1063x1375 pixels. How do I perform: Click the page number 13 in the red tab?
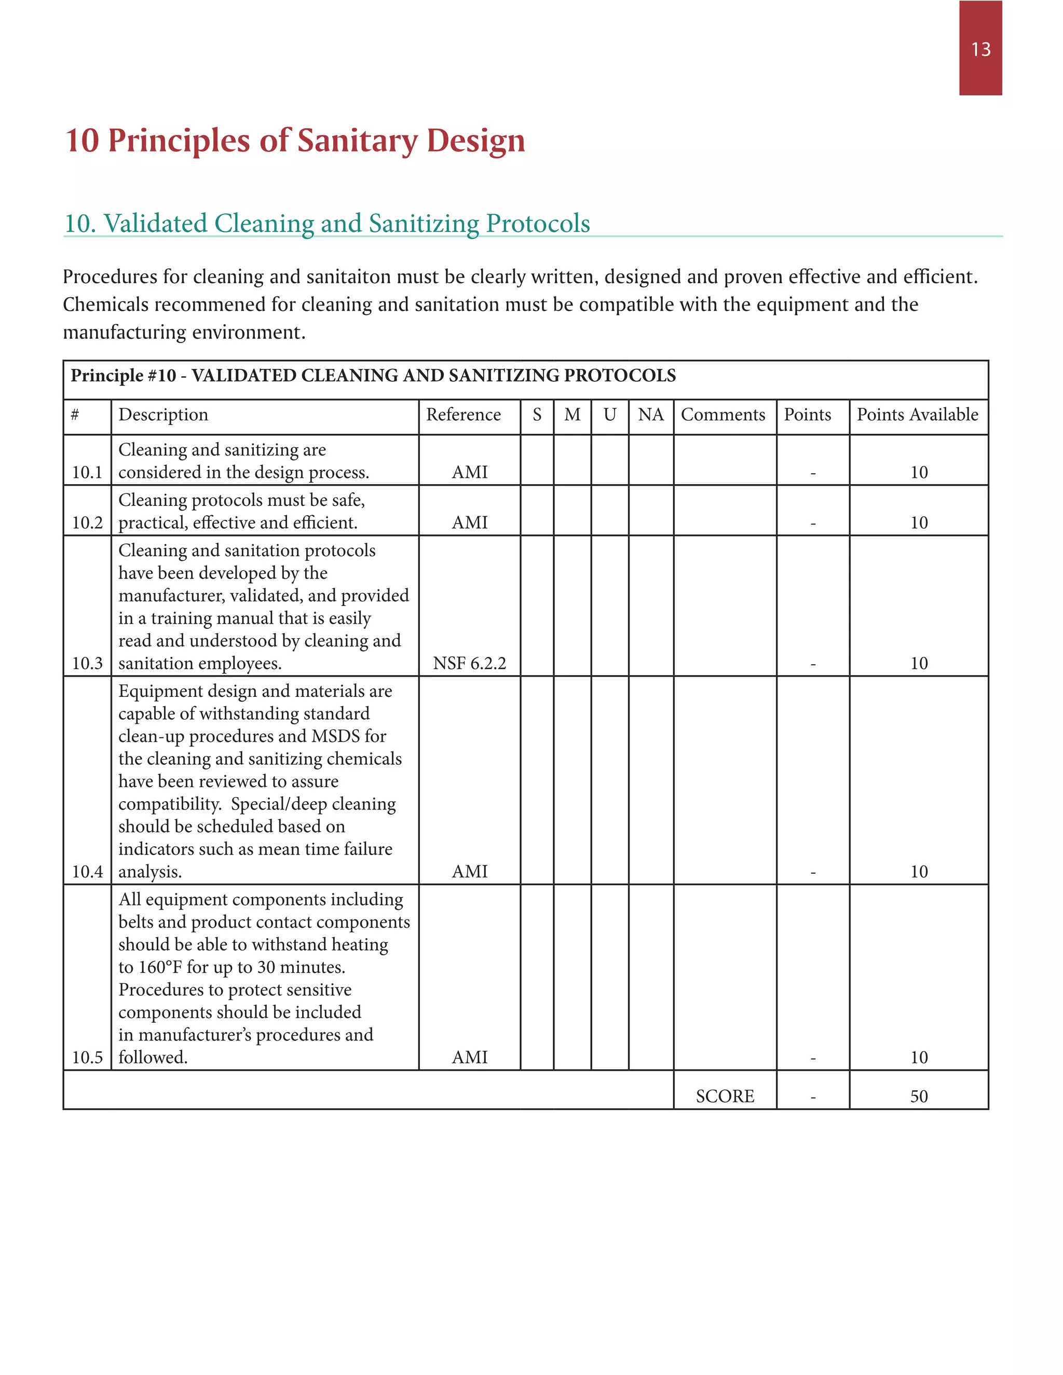980,49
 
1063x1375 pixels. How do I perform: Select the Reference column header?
464,415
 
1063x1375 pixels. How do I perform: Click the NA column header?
650,415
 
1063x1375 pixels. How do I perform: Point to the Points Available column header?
918,415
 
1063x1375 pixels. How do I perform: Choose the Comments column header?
723,415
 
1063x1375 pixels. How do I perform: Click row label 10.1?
87,472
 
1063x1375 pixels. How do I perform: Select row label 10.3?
87,663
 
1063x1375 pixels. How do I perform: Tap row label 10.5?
87,1057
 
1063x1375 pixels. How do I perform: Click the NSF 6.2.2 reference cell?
469,663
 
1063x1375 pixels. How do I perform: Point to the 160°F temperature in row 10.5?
160,967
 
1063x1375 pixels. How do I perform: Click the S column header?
537,415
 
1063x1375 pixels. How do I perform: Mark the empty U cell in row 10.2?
609,510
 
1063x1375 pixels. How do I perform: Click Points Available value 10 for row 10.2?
919,522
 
